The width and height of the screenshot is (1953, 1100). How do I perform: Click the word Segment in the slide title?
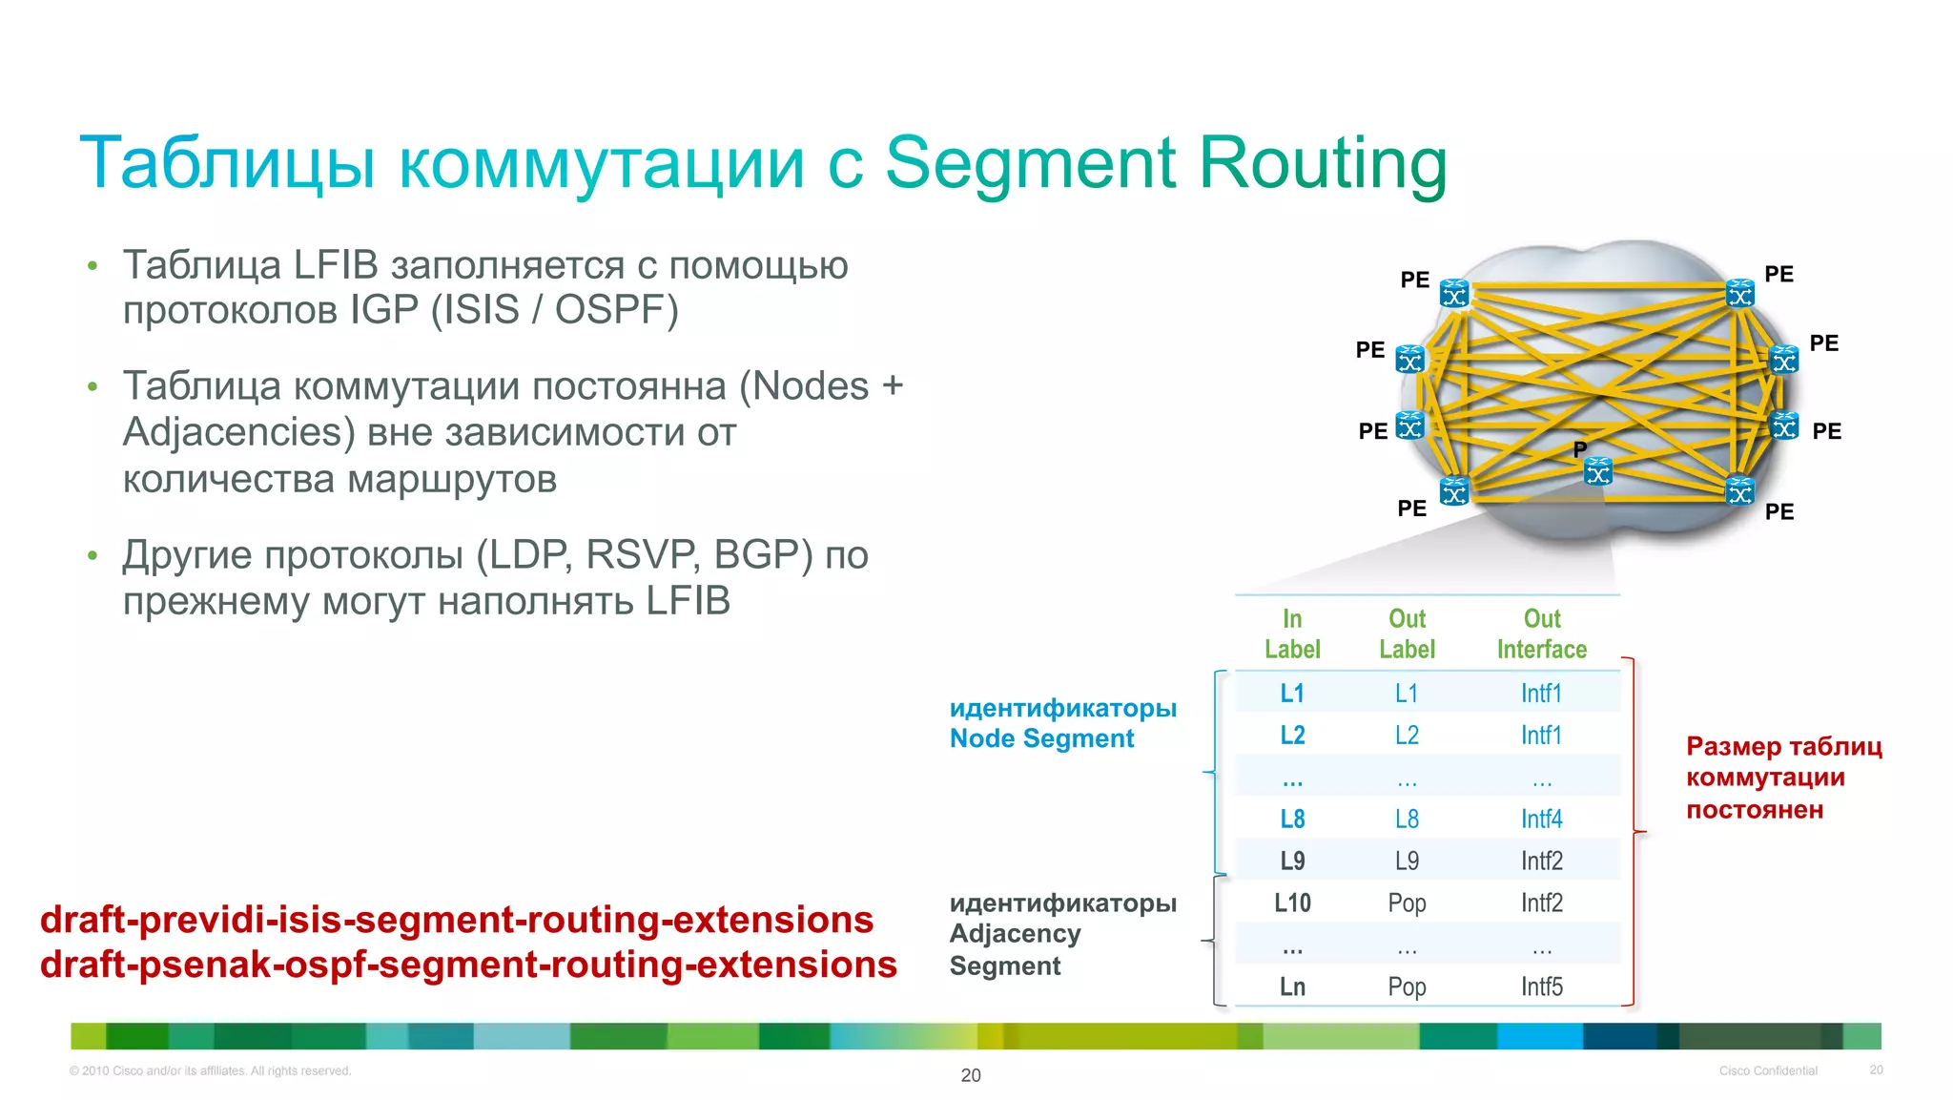1031,163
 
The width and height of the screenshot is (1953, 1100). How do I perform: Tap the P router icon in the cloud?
1598,471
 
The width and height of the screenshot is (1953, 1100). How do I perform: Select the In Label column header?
1292,634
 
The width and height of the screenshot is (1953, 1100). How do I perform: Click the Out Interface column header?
1541,634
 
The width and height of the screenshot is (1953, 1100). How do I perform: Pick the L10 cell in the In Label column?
1292,903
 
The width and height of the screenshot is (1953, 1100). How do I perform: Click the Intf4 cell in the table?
1541,819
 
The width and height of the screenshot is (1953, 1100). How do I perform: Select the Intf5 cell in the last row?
1541,986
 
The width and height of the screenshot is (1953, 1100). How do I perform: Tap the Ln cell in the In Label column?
1292,986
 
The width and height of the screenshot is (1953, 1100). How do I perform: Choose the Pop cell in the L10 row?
1407,903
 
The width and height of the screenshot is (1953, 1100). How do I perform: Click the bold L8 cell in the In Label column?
1292,819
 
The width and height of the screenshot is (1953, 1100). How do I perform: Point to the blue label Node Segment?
1041,738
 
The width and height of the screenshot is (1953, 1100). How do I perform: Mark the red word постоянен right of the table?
1754,810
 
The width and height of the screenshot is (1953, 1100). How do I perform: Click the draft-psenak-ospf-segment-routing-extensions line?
468,965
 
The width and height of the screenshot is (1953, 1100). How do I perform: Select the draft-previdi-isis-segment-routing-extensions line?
457,920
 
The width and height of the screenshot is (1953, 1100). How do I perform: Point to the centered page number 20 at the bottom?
971,1075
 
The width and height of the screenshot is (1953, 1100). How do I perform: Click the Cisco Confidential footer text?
1768,1070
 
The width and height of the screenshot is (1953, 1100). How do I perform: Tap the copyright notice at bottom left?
211,1070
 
